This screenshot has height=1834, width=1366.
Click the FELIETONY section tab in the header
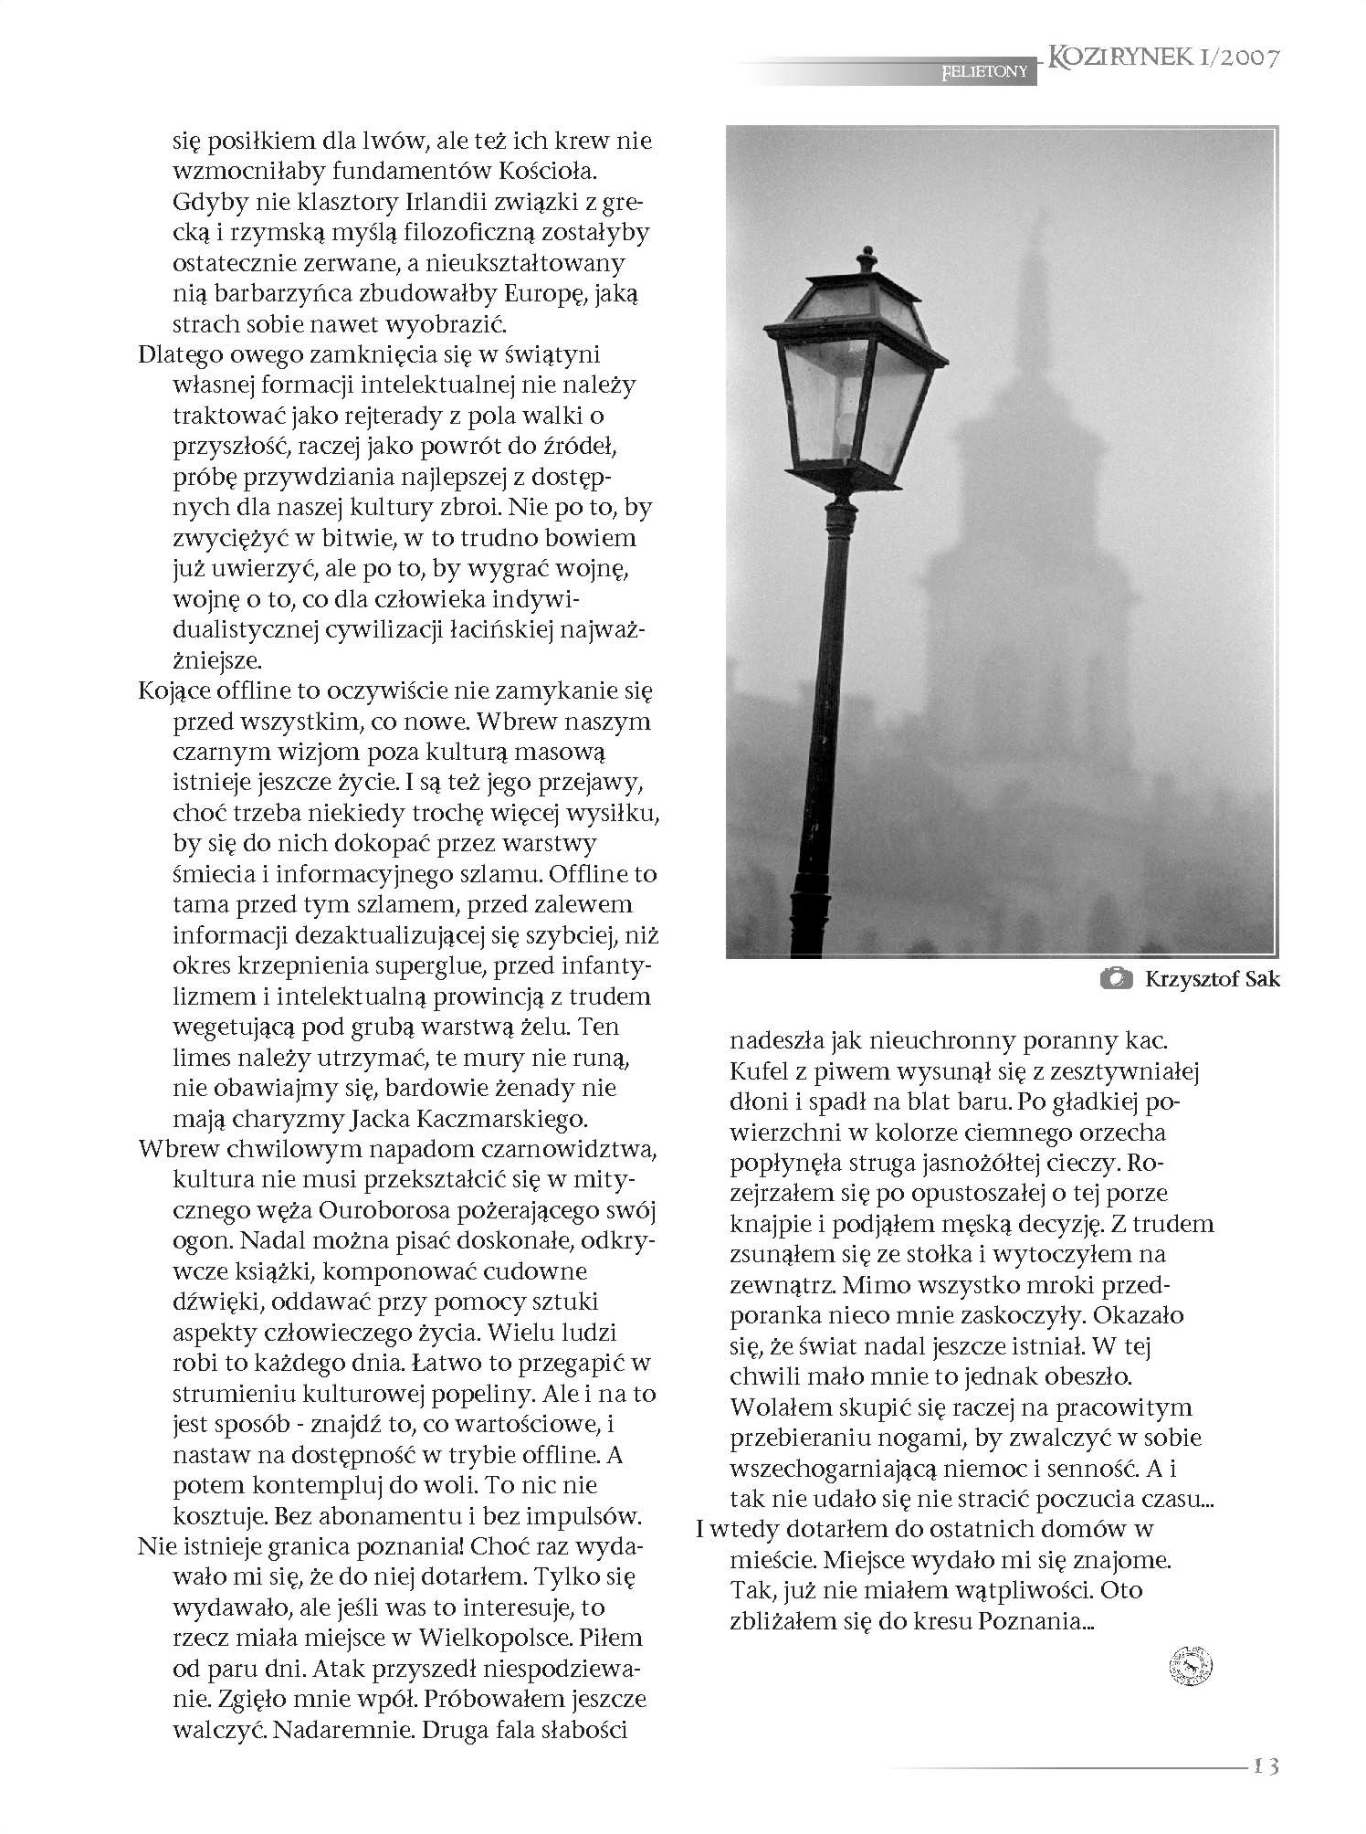click(x=984, y=71)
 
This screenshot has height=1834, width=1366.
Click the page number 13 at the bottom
click(x=1266, y=1765)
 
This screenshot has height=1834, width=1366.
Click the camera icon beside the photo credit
click(x=1116, y=979)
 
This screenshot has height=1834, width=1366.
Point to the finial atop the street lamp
click(x=867, y=258)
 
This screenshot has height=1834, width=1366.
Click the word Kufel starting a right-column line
click(x=759, y=1070)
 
